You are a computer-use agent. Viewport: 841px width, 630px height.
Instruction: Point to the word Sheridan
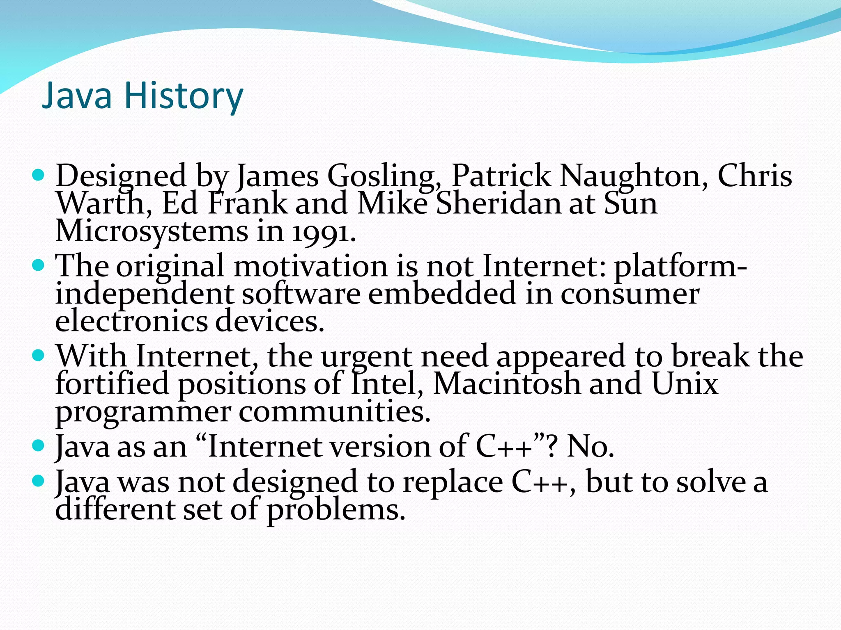498,204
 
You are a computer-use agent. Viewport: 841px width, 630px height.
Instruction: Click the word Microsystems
152,232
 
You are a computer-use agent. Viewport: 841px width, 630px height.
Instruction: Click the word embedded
442,294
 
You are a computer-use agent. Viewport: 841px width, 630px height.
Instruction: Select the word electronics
131,322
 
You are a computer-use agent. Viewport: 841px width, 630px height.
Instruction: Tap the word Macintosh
507,384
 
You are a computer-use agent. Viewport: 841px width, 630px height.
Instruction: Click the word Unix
685,384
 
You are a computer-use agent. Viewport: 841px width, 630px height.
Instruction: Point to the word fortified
112,384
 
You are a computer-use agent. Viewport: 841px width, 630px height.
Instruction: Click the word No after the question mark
590,447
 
